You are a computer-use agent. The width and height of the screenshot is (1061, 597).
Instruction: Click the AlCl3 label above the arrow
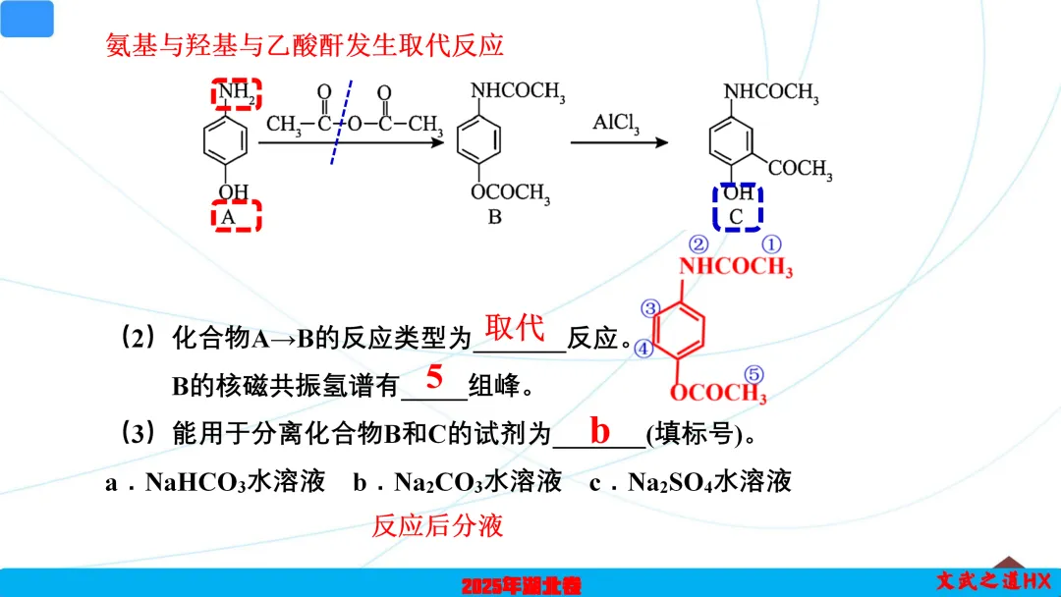pos(616,124)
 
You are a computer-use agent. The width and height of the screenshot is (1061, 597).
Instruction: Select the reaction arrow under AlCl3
pos(619,143)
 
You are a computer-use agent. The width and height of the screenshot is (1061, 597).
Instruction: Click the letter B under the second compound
pos(495,217)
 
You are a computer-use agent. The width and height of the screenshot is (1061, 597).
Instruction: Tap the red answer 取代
pos(515,327)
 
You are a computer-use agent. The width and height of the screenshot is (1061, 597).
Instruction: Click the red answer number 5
pos(434,377)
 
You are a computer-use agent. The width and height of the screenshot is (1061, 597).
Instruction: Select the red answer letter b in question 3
pos(599,430)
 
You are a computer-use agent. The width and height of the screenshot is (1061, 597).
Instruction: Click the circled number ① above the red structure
pos(773,244)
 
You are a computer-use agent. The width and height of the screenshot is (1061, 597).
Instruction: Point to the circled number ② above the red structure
pos(698,244)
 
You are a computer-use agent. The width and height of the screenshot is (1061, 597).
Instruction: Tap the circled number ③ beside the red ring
pos(649,308)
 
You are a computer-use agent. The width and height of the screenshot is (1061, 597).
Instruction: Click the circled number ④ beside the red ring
pos(642,348)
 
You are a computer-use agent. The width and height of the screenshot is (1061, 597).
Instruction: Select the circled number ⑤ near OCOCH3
pos(754,374)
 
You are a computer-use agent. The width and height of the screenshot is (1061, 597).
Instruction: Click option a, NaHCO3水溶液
pos(214,481)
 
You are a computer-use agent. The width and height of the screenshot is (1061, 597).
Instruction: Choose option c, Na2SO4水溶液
pos(690,481)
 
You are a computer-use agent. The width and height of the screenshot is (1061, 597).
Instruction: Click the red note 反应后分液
pos(437,525)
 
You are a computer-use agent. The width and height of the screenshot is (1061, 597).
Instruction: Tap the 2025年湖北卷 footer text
pos(522,585)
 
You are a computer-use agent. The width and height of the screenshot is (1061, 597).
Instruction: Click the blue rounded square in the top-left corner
pos(28,19)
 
